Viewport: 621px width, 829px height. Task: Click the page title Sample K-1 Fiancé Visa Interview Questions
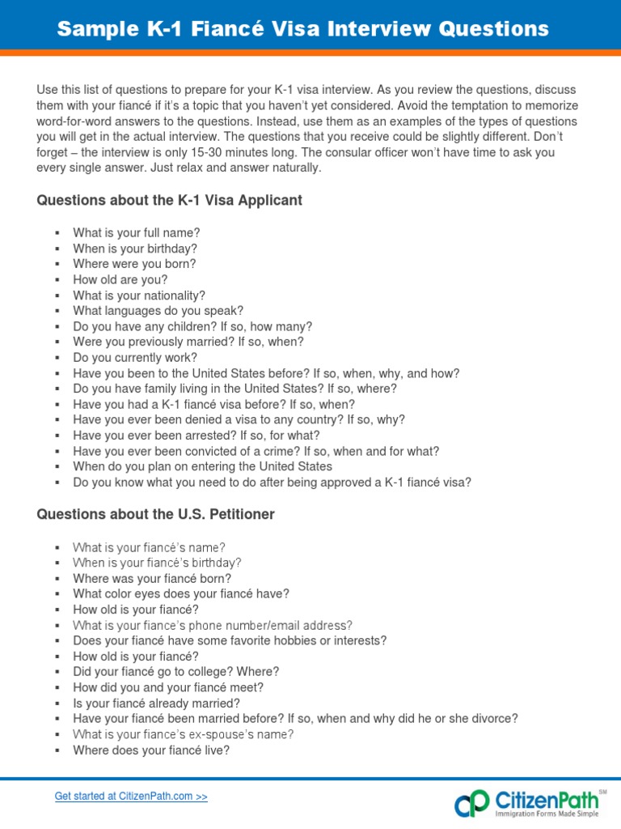(302, 30)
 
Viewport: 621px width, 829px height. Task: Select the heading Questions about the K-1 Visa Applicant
(169, 200)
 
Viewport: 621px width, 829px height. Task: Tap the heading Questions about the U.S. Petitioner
(155, 515)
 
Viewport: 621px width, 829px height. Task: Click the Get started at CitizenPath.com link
(131, 797)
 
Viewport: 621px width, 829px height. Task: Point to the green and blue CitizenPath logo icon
(471, 804)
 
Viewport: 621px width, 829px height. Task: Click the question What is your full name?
(136, 233)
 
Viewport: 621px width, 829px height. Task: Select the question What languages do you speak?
(158, 311)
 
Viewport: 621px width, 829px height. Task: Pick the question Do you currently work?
(134, 357)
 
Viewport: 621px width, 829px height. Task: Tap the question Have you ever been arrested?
(196, 436)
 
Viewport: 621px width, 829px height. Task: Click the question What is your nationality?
(139, 295)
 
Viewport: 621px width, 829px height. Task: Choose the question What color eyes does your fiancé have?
(180, 593)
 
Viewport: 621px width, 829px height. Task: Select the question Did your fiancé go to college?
(175, 672)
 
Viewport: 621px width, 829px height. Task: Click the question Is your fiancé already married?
(156, 703)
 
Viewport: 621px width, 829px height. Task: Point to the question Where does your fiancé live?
(151, 750)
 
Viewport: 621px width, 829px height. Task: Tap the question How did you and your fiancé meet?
(168, 687)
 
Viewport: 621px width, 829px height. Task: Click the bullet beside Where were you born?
(57, 265)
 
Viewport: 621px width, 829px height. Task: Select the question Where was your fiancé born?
(151, 578)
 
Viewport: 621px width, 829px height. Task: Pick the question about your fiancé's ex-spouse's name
(183, 734)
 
